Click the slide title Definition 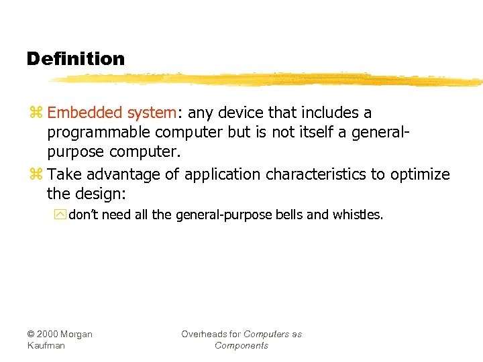click(76, 59)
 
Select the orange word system click(150, 113)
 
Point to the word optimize click(419, 174)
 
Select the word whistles click(358, 215)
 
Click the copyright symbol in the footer click(31, 335)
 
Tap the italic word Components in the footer click(241, 346)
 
